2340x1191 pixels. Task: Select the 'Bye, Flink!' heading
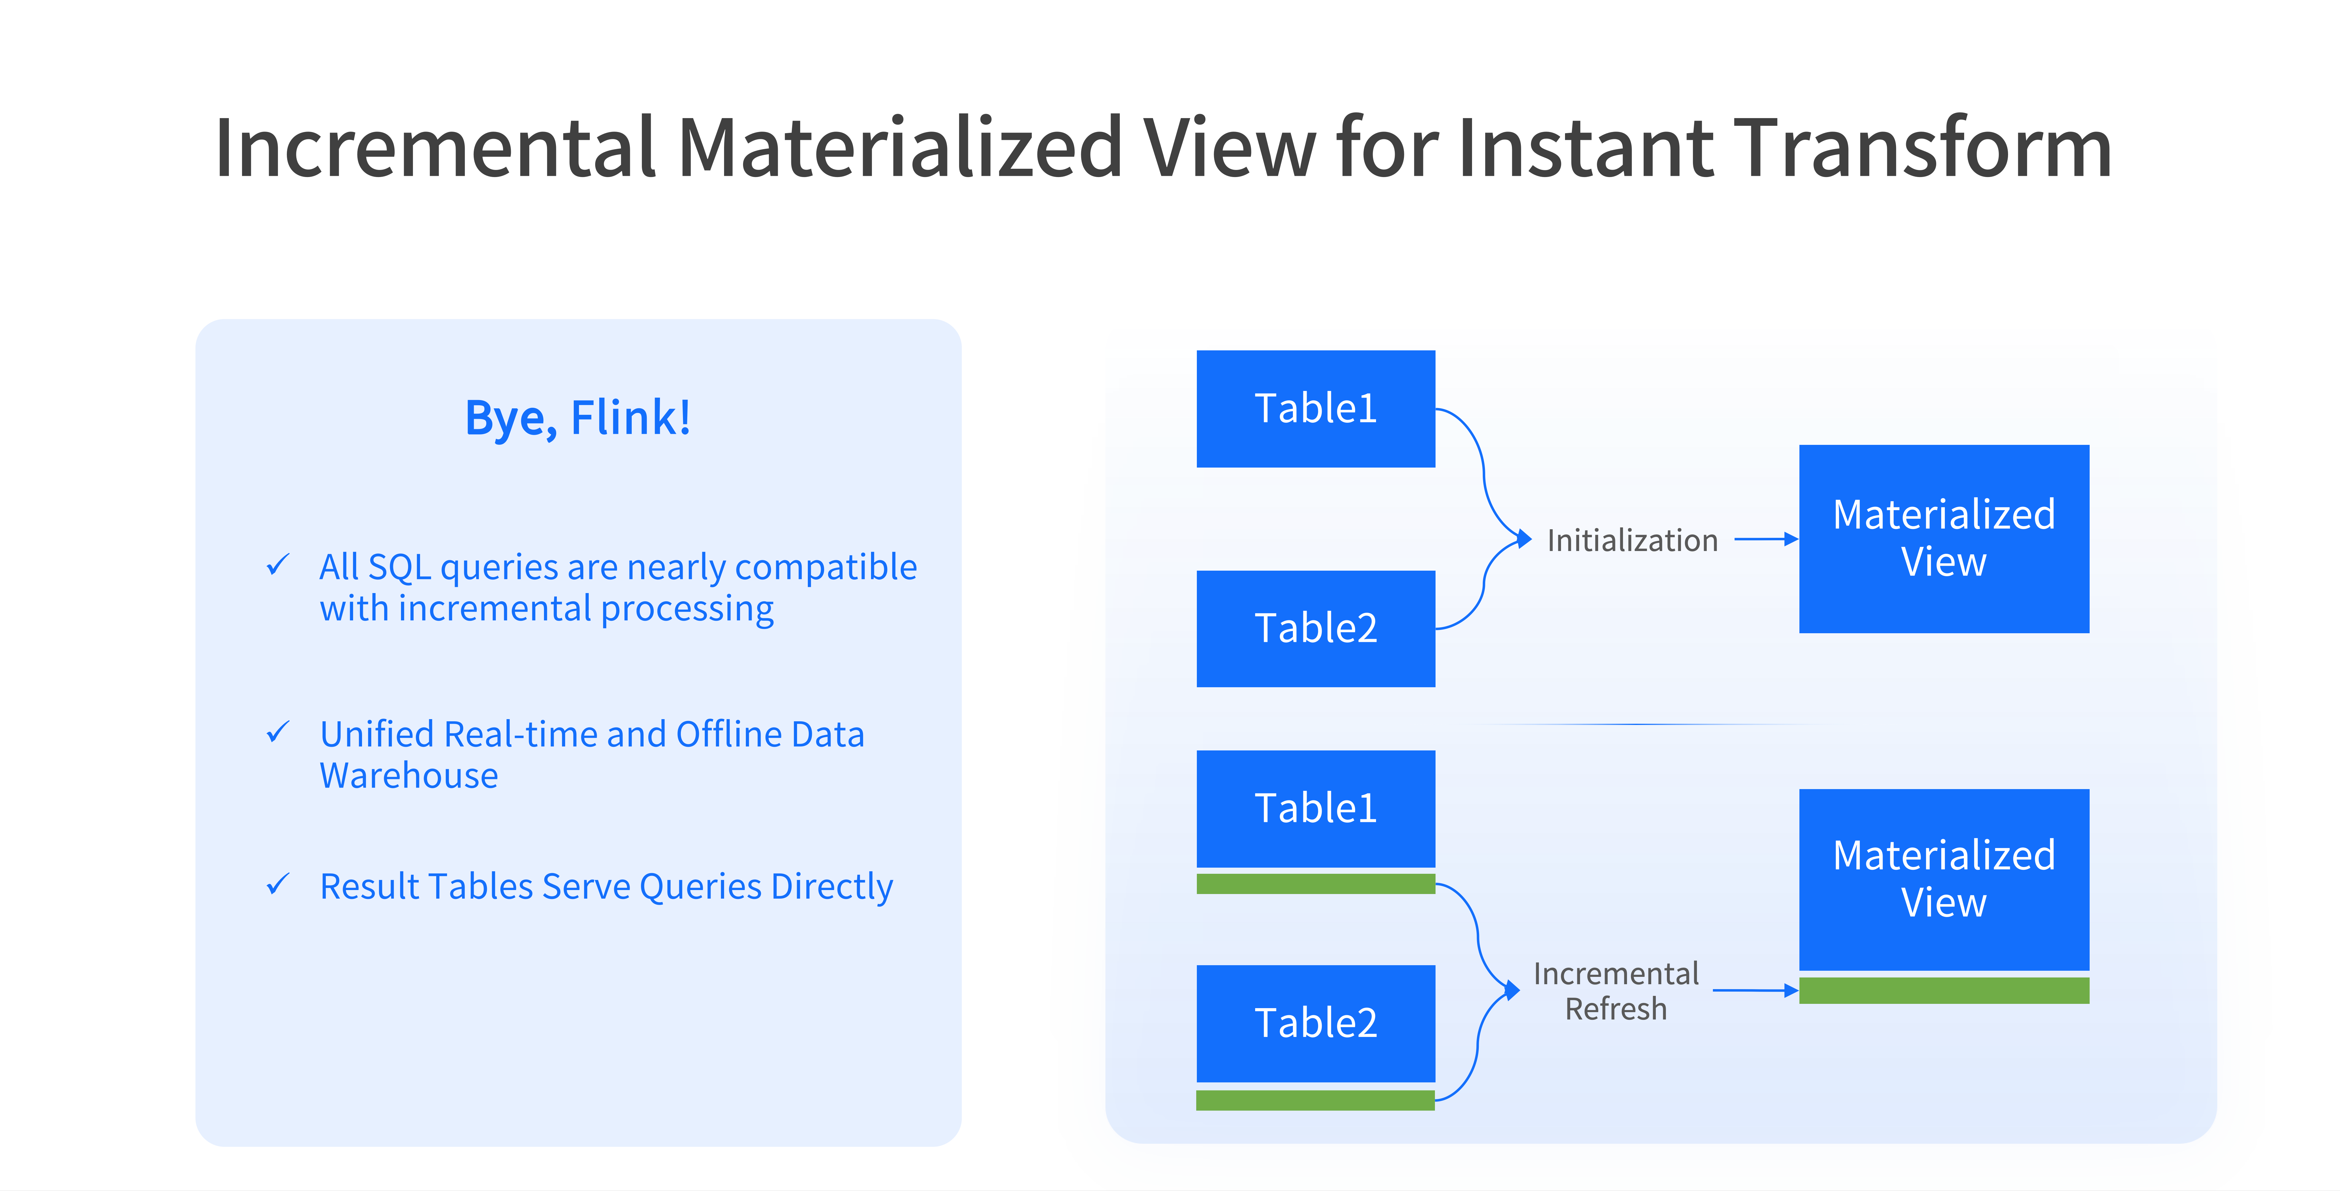coord(578,418)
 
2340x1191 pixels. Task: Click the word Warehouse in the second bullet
coord(409,776)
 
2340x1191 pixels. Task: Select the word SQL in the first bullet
coord(400,567)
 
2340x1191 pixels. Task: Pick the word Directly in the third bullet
coord(831,887)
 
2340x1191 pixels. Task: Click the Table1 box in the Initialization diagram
coord(1315,409)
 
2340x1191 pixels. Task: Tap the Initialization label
coord(1633,541)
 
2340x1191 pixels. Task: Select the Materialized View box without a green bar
coord(1944,539)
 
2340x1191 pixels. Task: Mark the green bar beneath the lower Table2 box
coord(1315,1100)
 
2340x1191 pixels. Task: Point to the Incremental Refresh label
coord(1616,991)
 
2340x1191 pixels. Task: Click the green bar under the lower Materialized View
coord(1944,990)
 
